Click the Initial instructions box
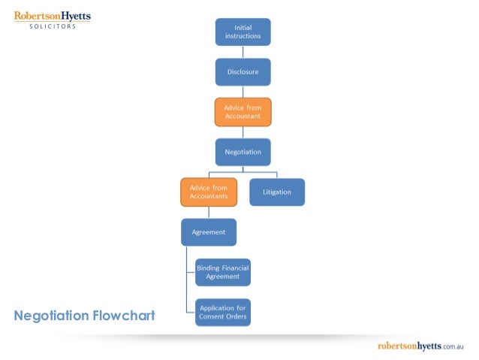(243, 32)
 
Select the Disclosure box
(243, 72)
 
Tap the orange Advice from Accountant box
(243, 112)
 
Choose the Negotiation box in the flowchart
(243, 152)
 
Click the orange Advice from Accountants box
(209, 192)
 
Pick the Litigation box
(276, 192)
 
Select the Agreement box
(209, 232)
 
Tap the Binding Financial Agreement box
(222, 272)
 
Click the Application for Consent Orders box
(222, 312)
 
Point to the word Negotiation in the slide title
(51, 315)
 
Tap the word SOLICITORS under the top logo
(53, 26)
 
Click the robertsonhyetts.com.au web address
(426, 346)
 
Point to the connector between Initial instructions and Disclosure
(243, 52)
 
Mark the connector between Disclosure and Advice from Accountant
(243, 92)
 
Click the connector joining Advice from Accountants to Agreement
(209, 212)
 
